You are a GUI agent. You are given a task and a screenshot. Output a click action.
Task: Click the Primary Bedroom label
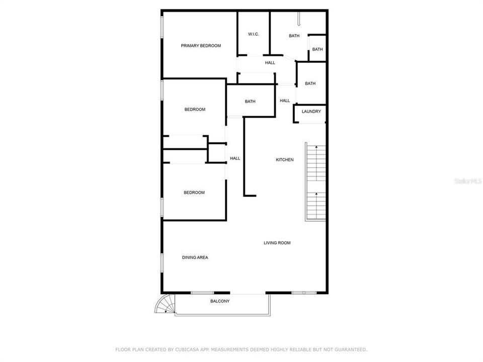[x=201, y=46]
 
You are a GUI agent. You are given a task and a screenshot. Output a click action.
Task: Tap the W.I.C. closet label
[x=253, y=34]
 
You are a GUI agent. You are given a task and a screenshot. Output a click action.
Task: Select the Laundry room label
[x=311, y=112]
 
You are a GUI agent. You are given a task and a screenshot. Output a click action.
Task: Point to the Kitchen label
[x=284, y=160]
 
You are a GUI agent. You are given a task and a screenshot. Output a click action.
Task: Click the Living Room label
[x=277, y=243]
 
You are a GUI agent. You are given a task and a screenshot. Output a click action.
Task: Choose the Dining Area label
[x=195, y=257]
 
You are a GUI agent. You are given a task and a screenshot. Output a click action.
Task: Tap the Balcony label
[x=220, y=301]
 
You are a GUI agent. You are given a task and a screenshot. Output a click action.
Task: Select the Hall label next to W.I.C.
[x=270, y=63]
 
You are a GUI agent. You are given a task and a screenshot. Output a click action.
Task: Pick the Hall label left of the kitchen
[x=235, y=158]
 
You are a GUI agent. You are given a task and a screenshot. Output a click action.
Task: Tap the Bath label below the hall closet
[x=250, y=102]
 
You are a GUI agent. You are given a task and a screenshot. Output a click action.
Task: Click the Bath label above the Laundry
[x=310, y=83]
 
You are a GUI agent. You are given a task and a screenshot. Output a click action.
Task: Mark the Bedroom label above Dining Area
[x=194, y=193]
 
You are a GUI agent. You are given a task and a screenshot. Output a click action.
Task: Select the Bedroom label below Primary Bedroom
[x=195, y=110]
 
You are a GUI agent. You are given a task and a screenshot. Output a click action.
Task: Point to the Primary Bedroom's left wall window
[x=162, y=26]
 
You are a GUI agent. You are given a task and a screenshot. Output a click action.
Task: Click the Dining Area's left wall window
[x=162, y=263]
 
